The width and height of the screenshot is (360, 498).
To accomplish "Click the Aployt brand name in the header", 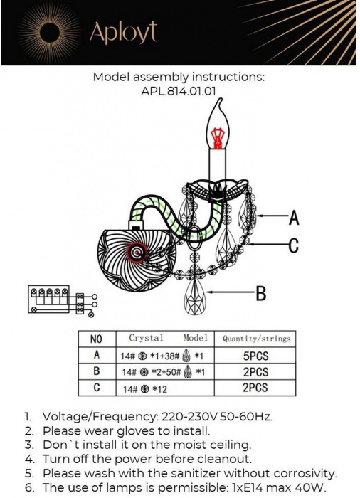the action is [123, 33].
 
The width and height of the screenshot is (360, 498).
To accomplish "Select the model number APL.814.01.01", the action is [179, 91].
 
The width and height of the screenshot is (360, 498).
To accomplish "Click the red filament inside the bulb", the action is [217, 137].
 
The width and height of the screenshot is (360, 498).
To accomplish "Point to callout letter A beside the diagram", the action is [294, 218].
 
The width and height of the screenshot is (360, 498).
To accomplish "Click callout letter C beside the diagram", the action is [294, 245].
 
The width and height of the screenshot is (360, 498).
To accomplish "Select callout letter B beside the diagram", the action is [261, 293].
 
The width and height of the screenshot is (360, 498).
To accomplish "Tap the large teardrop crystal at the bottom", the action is [195, 296].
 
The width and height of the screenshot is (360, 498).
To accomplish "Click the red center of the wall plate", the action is [137, 253].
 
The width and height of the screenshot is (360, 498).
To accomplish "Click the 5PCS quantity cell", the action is [256, 356].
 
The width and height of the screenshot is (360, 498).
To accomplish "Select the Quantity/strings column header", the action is [256, 339].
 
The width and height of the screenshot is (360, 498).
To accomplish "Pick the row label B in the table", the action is [97, 371].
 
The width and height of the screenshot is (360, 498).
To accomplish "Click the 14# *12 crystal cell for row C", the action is [145, 388].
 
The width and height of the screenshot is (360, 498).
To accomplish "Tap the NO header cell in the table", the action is [96, 339].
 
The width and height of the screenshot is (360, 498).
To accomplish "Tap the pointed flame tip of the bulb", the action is [219, 100].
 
